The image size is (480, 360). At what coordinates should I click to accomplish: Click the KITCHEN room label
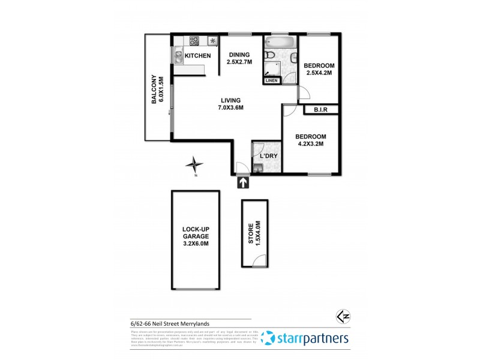tap(197, 56)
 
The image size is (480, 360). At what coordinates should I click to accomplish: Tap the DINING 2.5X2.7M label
tap(238, 58)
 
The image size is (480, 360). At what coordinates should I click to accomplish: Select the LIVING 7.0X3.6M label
tap(231, 104)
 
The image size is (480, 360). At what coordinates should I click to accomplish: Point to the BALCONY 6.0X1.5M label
tap(157, 89)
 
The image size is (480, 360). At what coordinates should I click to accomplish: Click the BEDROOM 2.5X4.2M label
tap(318, 69)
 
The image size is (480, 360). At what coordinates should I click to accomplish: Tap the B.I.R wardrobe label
tap(318, 110)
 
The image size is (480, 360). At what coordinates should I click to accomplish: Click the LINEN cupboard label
tap(272, 80)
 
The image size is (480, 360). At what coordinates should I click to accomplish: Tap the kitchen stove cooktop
tap(195, 41)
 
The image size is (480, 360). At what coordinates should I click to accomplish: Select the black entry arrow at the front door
tap(243, 182)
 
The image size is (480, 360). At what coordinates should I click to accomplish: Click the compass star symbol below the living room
tap(194, 164)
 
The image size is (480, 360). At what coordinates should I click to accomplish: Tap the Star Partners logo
tap(306, 338)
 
